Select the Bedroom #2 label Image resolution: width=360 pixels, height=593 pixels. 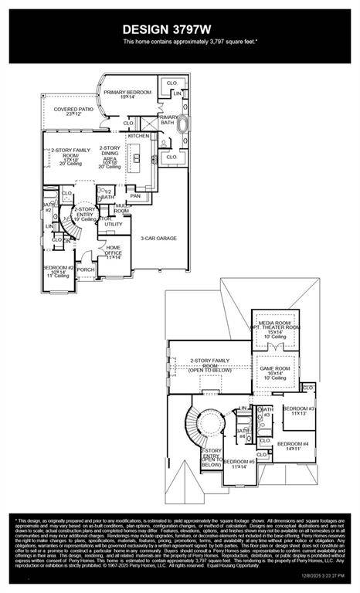(59, 270)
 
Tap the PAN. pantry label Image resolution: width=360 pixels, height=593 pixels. (136, 196)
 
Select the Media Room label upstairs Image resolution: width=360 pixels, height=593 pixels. (278, 330)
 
